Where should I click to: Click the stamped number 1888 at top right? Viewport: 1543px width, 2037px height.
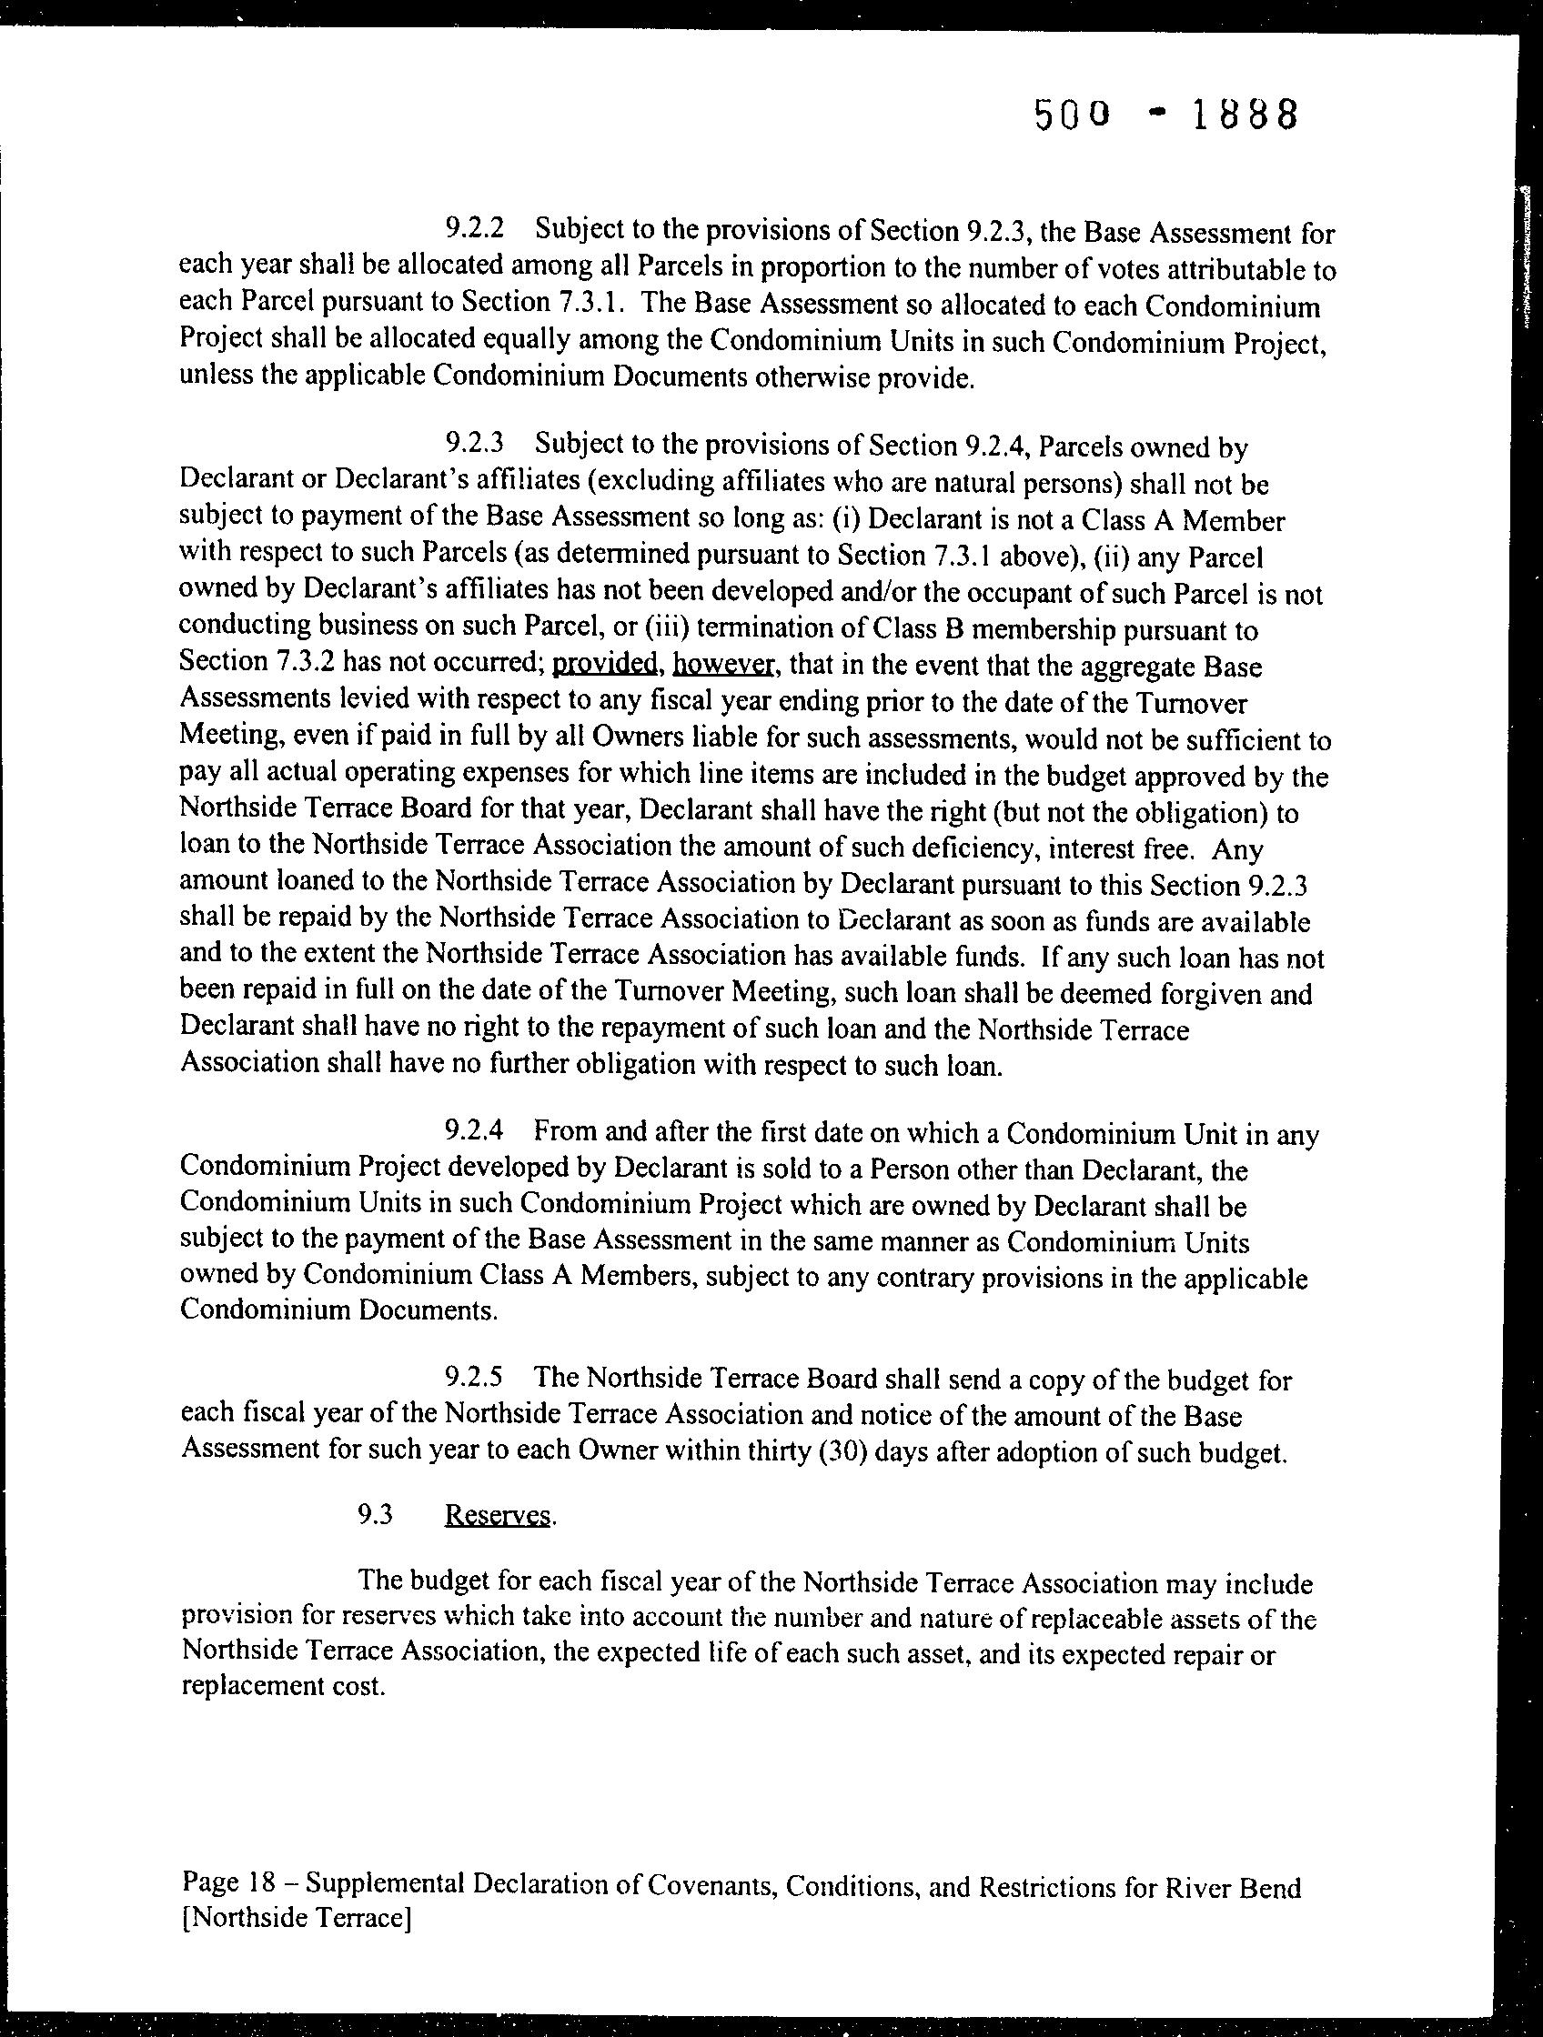click(1245, 115)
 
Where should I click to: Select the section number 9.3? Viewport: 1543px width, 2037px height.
click(376, 1515)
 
